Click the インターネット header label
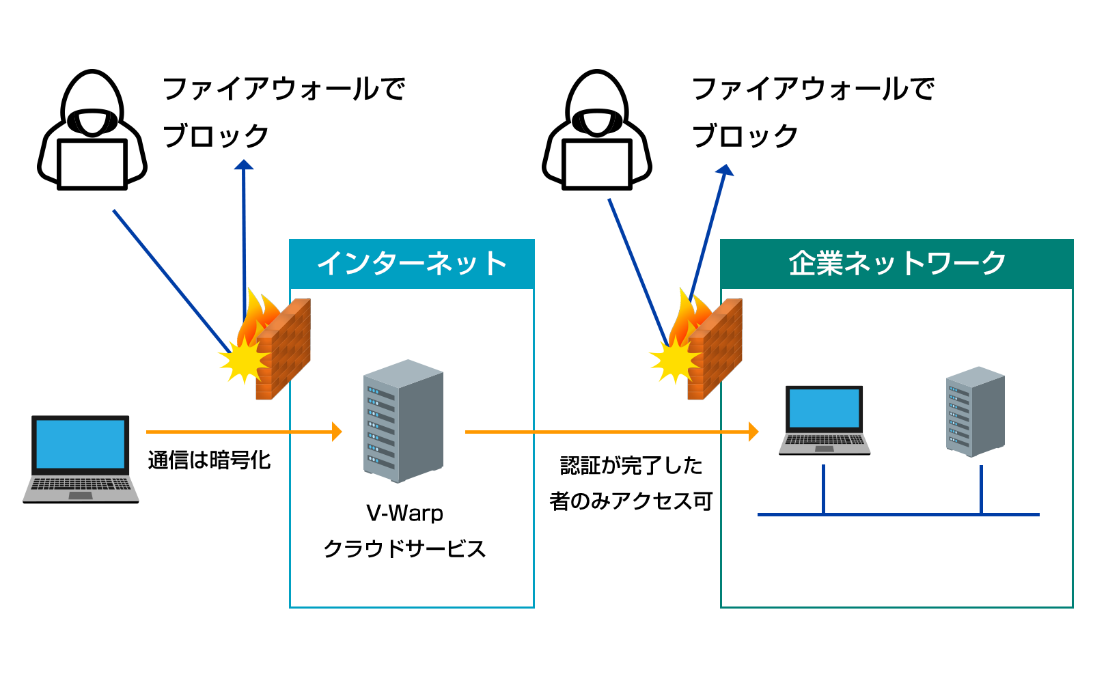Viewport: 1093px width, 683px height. tap(412, 264)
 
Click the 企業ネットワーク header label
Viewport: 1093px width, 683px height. tap(897, 264)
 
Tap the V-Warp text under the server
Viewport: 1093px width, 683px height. tap(404, 513)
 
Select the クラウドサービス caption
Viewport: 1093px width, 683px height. tap(404, 548)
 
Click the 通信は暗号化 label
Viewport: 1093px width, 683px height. tap(209, 460)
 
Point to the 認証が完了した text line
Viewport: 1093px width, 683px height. tap(631, 466)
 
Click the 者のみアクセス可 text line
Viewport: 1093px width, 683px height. tap(631, 501)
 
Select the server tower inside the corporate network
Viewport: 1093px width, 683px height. tap(975, 411)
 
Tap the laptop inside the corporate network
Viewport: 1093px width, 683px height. tap(825, 419)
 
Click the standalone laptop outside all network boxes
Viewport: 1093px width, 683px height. tap(81, 458)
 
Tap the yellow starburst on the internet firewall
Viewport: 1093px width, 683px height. tap(243, 358)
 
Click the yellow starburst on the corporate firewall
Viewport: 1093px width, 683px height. tap(674, 359)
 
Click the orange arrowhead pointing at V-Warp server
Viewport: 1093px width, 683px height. tap(336, 432)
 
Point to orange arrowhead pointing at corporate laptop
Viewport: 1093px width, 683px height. tap(753, 432)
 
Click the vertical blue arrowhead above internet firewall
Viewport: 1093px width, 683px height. tap(244, 165)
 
